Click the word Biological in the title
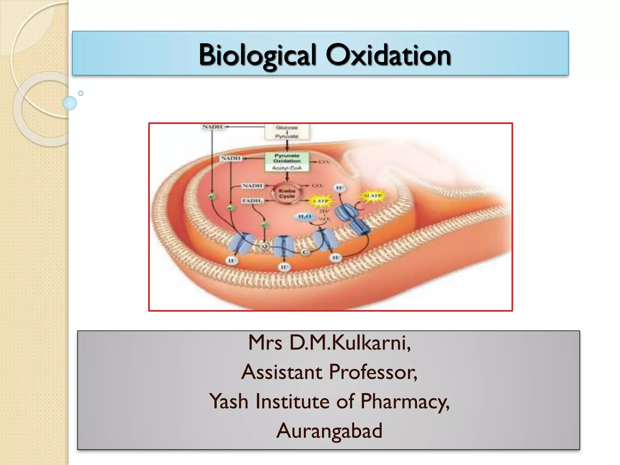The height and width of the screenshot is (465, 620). pyautogui.click(x=258, y=55)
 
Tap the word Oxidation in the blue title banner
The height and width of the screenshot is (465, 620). pyautogui.click(x=388, y=55)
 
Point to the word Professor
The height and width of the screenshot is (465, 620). pyautogui.click(x=373, y=372)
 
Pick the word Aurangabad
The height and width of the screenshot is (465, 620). pyautogui.click(x=329, y=431)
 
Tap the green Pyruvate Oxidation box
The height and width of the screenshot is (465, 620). pyautogui.click(x=287, y=158)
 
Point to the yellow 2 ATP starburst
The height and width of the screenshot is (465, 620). pyautogui.click(x=320, y=201)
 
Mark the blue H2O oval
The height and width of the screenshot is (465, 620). pyautogui.click(x=305, y=216)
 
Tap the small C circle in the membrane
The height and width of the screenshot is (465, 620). pyautogui.click(x=305, y=252)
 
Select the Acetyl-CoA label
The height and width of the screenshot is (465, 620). pyautogui.click(x=287, y=168)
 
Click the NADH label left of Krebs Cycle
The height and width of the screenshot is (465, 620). pyautogui.click(x=252, y=186)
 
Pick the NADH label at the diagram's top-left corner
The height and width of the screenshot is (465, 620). pyautogui.click(x=213, y=127)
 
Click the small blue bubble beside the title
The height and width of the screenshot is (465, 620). pyautogui.click(x=70, y=103)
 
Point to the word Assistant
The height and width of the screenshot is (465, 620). pyautogui.click(x=282, y=372)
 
